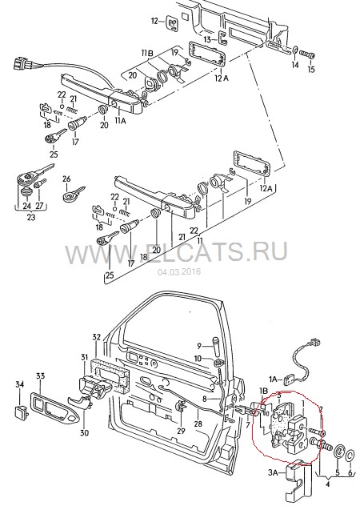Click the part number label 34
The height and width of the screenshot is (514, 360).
click(20, 383)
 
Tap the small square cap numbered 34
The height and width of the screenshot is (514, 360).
click(22, 411)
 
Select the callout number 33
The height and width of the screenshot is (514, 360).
click(40, 376)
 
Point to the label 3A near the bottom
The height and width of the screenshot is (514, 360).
click(274, 472)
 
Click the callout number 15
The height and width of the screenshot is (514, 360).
click(311, 69)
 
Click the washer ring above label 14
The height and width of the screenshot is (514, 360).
click(295, 50)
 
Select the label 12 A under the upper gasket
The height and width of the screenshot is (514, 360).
click(222, 78)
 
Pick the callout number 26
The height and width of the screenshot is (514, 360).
click(66, 179)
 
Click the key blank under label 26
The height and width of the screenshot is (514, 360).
click(74, 194)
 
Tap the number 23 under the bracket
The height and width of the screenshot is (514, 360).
click(31, 217)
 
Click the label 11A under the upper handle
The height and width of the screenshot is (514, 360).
click(120, 121)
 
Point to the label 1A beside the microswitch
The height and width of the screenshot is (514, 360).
click(274, 379)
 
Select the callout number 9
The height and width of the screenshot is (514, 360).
click(199, 346)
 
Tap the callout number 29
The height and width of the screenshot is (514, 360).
click(181, 431)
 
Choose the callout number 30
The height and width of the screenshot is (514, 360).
click(84, 433)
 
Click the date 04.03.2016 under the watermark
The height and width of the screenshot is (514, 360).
click(179, 271)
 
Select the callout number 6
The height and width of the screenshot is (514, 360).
click(350, 472)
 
